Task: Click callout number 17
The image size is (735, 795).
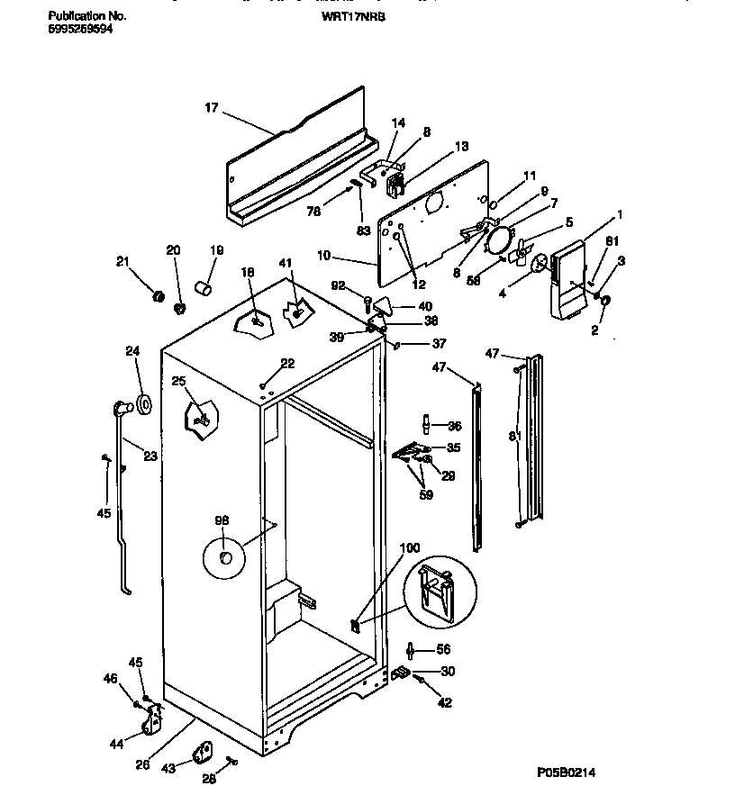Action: pyautogui.click(x=212, y=108)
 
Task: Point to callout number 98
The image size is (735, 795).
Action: pyautogui.click(x=222, y=520)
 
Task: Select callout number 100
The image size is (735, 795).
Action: pyautogui.click(x=410, y=547)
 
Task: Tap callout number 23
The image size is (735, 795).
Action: pyautogui.click(x=150, y=456)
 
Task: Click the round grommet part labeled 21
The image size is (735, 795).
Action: pyautogui.click(x=158, y=297)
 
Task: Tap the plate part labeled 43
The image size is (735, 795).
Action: pyautogui.click(x=203, y=751)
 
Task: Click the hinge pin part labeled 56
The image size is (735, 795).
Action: pyautogui.click(x=412, y=650)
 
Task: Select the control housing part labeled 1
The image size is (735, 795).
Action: pyautogui.click(x=565, y=279)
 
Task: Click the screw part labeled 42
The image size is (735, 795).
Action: pyautogui.click(x=420, y=683)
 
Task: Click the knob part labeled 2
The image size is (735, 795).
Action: pyautogui.click(x=603, y=301)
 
